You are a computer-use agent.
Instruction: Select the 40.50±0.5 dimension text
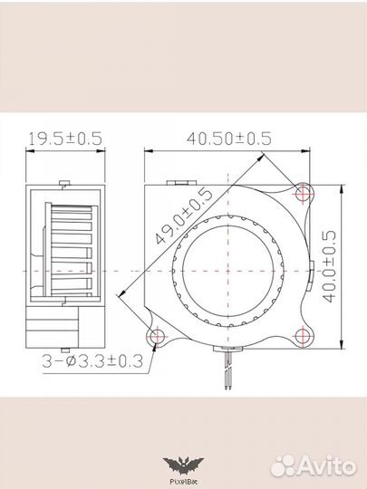click(x=228, y=139)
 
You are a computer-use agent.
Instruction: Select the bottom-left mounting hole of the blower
click(x=159, y=338)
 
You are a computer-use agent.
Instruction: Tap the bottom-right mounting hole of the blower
click(x=303, y=338)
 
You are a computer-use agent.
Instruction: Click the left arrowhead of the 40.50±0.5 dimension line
click(x=148, y=151)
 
